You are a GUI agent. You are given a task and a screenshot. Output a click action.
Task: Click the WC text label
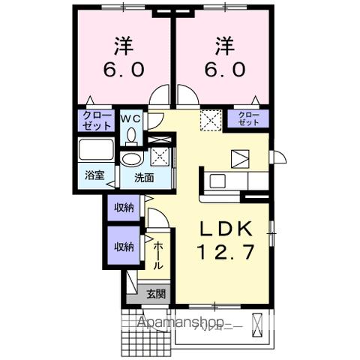pos(132,118)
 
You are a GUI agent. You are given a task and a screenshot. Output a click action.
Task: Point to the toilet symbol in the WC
pos(132,135)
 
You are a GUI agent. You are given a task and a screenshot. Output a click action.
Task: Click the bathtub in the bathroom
pos(95,152)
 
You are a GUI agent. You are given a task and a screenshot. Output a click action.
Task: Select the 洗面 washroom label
pos(144,178)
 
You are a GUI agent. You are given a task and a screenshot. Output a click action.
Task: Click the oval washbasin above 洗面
pos(133,159)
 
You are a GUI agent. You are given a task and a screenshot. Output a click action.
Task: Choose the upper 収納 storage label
pos(124,208)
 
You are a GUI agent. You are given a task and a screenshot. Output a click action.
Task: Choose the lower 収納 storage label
pos(124,246)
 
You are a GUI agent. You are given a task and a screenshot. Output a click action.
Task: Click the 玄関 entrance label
pos(155,294)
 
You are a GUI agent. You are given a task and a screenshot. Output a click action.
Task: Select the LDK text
pos(223,229)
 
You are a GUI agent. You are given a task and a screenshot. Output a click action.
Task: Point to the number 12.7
pos(223,253)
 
